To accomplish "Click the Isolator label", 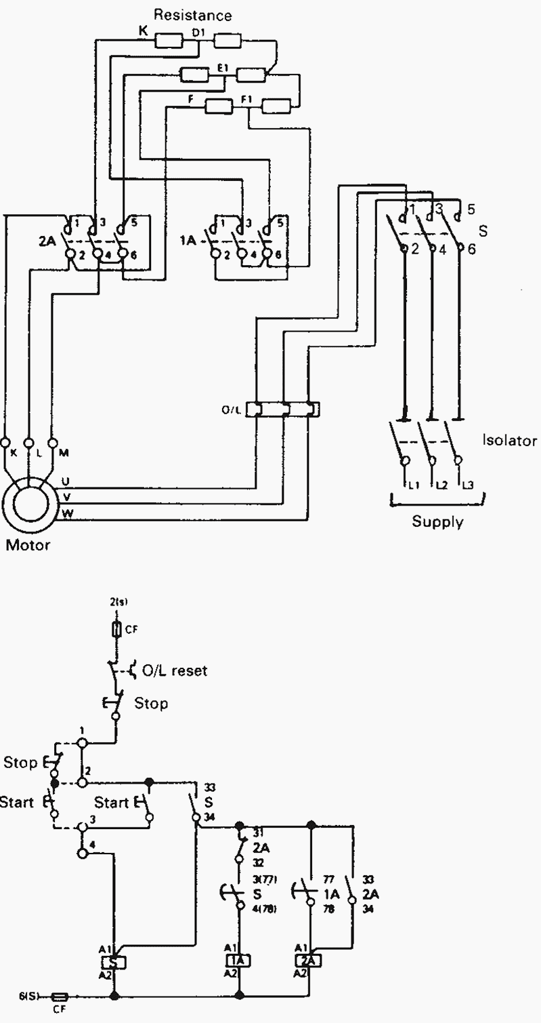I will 509,440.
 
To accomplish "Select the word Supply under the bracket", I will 438,522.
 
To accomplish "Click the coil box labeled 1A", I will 239,960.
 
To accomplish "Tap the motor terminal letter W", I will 67,513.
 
